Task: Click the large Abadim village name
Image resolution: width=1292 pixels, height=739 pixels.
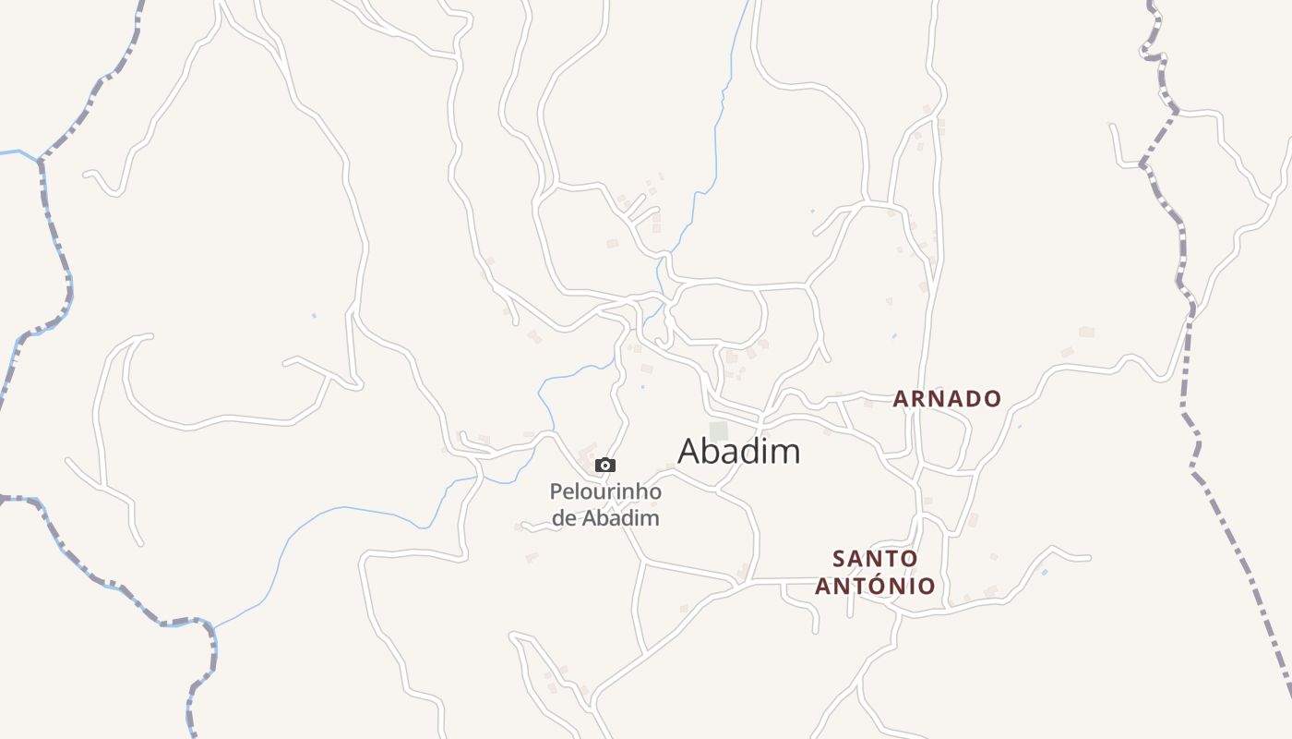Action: point(738,452)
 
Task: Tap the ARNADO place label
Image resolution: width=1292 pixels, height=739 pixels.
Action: point(947,399)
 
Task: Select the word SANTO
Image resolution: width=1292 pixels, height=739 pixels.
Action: point(875,559)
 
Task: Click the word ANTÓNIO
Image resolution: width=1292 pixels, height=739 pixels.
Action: point(875,586)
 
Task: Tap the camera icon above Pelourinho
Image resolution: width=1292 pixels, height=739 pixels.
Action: point(605,466)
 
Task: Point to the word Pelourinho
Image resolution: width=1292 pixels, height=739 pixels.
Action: point(605,491)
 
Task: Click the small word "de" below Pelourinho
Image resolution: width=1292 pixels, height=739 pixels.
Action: point(564,518)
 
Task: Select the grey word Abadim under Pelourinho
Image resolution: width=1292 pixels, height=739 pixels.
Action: point(621,518)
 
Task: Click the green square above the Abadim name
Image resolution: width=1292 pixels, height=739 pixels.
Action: point(718,430)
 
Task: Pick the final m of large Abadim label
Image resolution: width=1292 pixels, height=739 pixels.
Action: point(786,452)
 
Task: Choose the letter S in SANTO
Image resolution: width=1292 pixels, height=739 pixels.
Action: point(839,559)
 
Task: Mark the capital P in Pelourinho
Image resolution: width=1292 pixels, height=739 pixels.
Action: point(556,491)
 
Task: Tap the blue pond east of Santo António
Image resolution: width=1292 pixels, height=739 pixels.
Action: point(1044,572)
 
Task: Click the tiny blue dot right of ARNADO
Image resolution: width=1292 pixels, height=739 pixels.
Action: point(1020,426)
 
